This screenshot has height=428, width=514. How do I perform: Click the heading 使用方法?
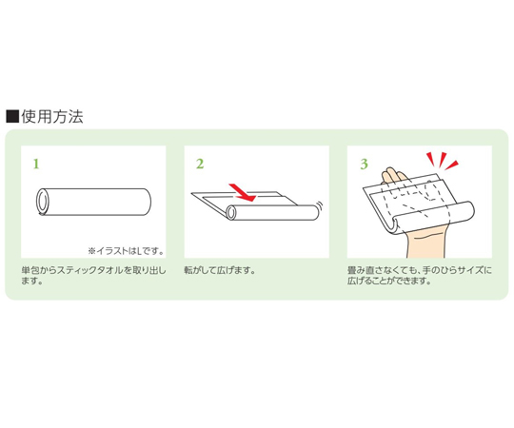[52, 117]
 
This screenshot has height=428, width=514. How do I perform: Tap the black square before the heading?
[12, 117]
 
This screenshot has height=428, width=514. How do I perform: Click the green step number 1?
[36, 164]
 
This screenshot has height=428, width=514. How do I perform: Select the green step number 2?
[200, 164]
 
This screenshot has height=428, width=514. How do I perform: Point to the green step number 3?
[364, 164]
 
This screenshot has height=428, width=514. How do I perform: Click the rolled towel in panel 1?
[93, 202]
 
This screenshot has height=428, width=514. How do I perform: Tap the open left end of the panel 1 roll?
[43, 202]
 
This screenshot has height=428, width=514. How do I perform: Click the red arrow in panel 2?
[243, 193]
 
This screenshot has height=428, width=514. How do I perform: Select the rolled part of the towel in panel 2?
[273, 212]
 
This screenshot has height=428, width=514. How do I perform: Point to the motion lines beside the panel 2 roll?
[320, 206]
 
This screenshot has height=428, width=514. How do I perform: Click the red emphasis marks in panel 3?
[443, 161]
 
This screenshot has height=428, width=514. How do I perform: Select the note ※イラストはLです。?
[126, 251]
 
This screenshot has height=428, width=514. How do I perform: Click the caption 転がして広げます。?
[220, 270]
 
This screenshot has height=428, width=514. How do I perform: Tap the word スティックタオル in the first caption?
[90, 270]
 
